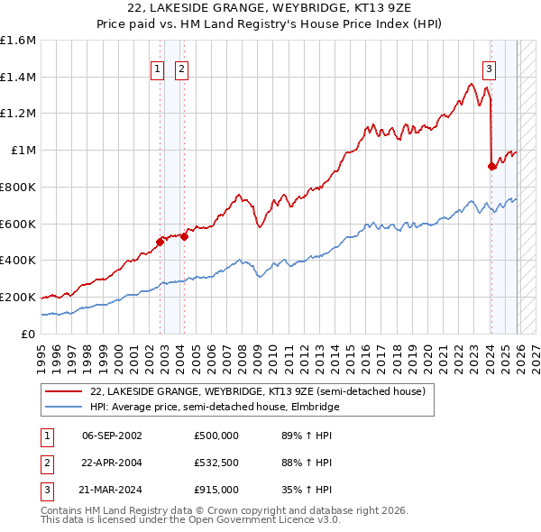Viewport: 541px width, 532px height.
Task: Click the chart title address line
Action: point(270,8)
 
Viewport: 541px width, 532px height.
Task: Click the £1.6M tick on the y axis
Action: point(18,41)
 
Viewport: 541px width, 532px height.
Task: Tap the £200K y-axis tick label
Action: point(18,297)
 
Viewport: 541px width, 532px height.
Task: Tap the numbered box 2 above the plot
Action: point(181,69)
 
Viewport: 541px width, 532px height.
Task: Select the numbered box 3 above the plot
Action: point(490,69)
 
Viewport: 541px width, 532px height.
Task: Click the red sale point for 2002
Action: point(160,242)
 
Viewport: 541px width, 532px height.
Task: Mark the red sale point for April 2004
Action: point(184,236)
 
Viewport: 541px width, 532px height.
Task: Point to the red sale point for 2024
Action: point(491,166)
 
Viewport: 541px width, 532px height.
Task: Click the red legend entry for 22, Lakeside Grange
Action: point(252,391)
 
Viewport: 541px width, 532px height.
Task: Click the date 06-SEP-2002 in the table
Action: point(112,435)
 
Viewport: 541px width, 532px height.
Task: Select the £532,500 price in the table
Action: point(216,463)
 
